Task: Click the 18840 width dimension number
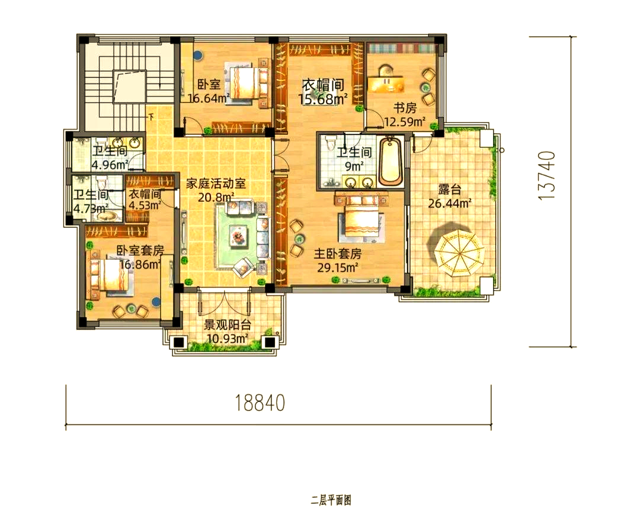click(x=260, y=402)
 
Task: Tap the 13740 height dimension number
click(x=547, y=175)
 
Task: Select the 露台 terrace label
click(x=450, y=189)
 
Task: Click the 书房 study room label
click(x=405, y=108)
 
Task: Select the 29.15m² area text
click(x=338, y=268)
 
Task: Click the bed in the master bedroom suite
click(x=361, y=217)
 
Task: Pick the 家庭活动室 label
click(x=216, y=183)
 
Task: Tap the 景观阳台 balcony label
click(x=227, y=325)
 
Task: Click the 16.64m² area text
click(x=208, y=98)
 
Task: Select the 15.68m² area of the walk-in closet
click(x=323, y=99)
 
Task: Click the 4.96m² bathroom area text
click(x=110, y=165)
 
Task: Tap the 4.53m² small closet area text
click(x=145, y=205)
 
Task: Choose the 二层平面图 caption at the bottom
click(x=331, y=500)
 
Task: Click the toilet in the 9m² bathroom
click(x=330, y=143)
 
